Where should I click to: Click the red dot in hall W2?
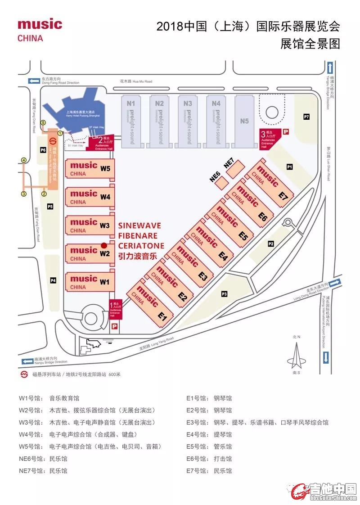point(104,245)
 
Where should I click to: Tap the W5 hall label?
point(105,169)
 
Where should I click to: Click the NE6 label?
point(215,177)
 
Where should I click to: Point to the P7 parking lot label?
point(306,117)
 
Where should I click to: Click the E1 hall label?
point(162,317)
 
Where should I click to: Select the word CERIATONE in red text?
point(141,245)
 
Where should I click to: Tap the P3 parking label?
point(224,294)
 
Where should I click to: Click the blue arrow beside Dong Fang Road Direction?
point(34,81)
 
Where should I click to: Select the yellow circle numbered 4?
point(23,160)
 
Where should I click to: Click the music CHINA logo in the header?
point(40,30)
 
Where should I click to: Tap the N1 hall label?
point(130,103)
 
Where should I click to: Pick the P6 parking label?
point(43,150)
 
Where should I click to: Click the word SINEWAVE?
point(139,225)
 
